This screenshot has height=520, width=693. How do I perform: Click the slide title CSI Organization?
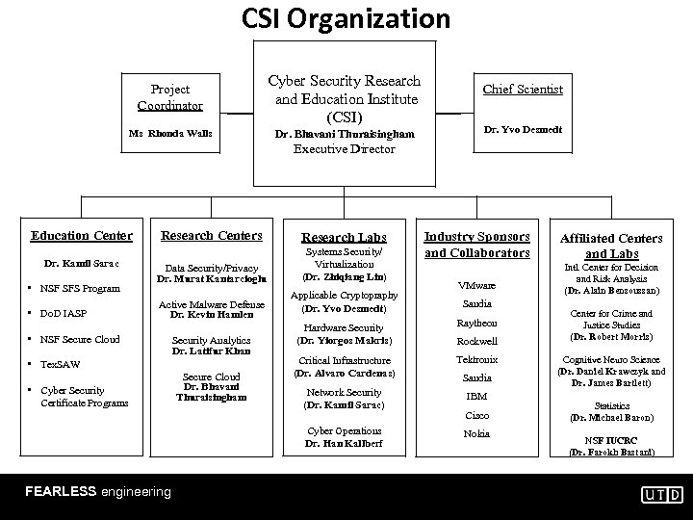pyautogui.click(x=346, y=18)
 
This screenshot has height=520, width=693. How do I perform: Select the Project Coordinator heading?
pyautogui.click(x=169, y=96)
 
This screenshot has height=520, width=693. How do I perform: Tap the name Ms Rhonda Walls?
pyautogui.click(x=169, y=132)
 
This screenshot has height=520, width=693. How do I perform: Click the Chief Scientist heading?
pyautogui.click(x=523, y=90)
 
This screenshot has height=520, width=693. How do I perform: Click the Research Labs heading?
pyautogui.click(x=344, y=237)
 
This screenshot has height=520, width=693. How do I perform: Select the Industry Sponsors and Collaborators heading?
pyautogui.click(x=477, y=245)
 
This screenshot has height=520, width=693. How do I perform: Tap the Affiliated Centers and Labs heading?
pyautogui.click(x=612, y=245)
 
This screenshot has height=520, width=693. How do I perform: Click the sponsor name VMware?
pyautogui.click(x=476, y=285)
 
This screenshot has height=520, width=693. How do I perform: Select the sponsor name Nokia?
pyautogui.click(x=476, y=433)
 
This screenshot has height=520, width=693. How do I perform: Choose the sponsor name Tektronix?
pyautogui.click(x=476, y=359)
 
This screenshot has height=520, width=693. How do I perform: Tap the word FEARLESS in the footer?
pyautogui.click(x=61, y=491)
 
